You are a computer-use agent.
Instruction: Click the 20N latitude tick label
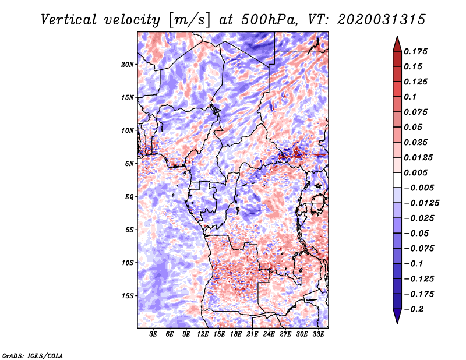[128, 65]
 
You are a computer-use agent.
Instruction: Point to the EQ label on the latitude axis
[129, 197]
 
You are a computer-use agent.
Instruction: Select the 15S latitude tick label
[128, 296]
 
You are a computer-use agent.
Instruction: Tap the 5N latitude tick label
[129, 164]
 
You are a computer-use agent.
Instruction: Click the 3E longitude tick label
[153, 334]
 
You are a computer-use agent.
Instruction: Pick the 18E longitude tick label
[236, 334]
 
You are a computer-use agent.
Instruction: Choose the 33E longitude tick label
[318, 334]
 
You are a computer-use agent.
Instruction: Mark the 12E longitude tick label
[203, 334]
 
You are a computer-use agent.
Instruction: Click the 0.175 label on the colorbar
[415, 51]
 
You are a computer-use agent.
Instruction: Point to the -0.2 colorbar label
[414, 309]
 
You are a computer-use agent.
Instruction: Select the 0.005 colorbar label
[415, 172]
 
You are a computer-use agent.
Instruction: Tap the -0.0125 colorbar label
[421, 203]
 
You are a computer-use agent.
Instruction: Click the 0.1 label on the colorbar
[410, 97]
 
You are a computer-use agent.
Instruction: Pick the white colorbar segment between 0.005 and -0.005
[397, 180]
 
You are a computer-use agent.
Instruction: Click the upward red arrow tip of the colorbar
[397, 37]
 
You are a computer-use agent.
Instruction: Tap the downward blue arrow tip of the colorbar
[397, 323]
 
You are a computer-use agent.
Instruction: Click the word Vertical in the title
[69, 20]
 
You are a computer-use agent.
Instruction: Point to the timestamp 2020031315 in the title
[382, 20]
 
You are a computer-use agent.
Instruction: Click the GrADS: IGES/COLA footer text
[33, 355]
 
